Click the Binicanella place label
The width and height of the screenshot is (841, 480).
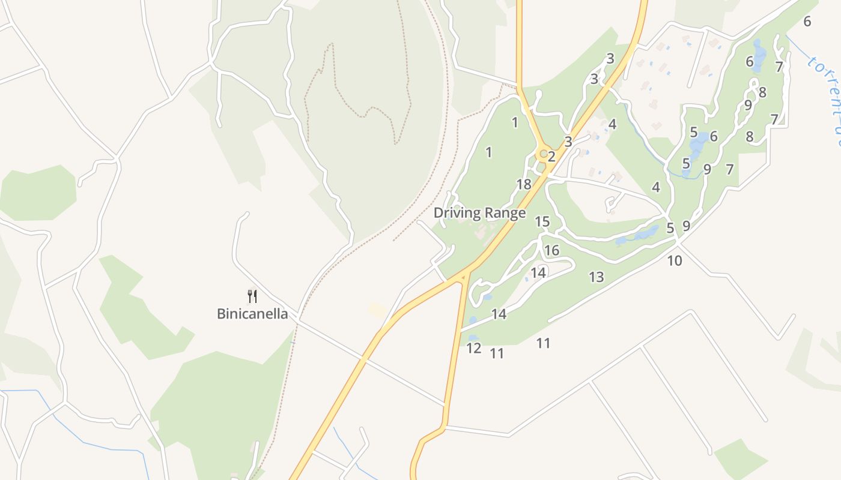pyautogui.click(x=252, y=314)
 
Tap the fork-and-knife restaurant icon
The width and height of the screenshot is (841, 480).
pyautogui.click(x=252, y=296)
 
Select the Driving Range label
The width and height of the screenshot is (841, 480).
pyautogui.click(x=479, y=213)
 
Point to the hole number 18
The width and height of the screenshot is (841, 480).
pyautogui.click(x=524, y=184)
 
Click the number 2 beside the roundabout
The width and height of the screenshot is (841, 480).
pyautogui.click(x=551, y=157)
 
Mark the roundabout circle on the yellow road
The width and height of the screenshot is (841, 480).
pyautogui.click(x=544, y=154)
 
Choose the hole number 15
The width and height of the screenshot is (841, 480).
pyautogui.click(x=542, y=221)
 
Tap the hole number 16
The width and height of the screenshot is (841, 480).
pyautogui.click(x=551, y=250)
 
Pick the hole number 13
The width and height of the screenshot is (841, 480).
pyautogui.click(x=596, y=277)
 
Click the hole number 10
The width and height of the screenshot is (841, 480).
pyautogui.click(x=675, y=260)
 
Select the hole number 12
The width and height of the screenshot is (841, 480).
pyautogui.click(x=473, y=348)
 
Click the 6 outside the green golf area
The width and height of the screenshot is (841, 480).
pyautogui.click(x=807, y=21)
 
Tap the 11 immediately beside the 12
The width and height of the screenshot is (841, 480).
pyautogui.click(x=496, y=353)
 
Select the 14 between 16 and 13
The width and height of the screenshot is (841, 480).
pyautogui.click(x=538, y=272)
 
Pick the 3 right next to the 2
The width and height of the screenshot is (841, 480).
pyautogui.click(x=568, y=142)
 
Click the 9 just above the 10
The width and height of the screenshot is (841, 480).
pyautogui.click(x=686, y=226)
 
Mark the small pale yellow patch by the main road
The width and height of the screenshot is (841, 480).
pyautogui.click(x=378, y=310)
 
